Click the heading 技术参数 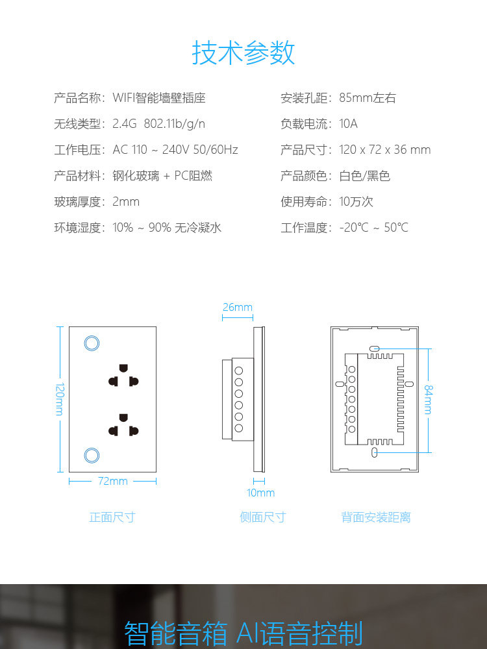(x=243, y=53)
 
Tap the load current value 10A (x=348, y=124)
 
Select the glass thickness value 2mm (x=126, y=202)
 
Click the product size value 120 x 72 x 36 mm (x=384, y=149)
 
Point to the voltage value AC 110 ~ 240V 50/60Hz (x=175, y=149)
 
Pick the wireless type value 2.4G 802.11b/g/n (x=158, y=124)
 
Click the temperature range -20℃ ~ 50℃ (x=373, y=227)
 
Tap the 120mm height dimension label (x=60, y=399)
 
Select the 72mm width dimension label (x=112, y=481)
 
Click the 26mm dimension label (x=237, y=307)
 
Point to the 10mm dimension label (x=260, y=493)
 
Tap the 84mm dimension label (x=428, y=400)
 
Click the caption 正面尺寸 (x=112, y=517)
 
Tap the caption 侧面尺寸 (x=262, y=517)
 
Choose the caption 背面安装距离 (x=375, y=517)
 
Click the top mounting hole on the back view (x=374, y=349)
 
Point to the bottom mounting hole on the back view (x=375, y=452)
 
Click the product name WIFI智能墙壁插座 (x=159, y=98)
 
